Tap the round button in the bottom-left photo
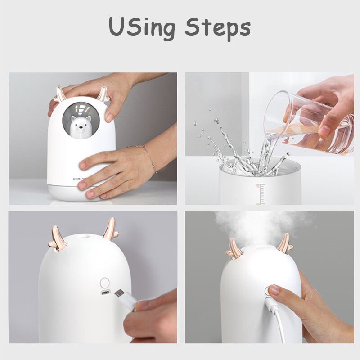click(x=105, y=283)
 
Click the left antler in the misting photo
click(x=234, y=249)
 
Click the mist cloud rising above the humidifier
click(x=259, y=225)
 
